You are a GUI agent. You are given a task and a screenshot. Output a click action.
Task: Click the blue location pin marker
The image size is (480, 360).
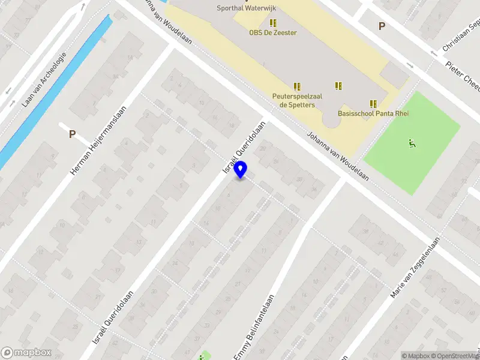(x=241, y=170)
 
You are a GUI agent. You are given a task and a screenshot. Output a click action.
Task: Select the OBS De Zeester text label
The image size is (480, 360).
(x=273, y=32)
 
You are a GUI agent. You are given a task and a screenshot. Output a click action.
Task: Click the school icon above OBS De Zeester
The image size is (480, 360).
(x=273, y=23)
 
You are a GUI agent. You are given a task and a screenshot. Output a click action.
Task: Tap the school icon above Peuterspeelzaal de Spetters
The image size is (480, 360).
(x=296, y=86)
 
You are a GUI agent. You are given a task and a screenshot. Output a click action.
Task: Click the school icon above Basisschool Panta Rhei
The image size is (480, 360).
(x=373, y=104)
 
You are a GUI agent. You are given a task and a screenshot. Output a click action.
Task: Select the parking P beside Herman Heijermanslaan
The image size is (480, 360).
(x=72, y=134)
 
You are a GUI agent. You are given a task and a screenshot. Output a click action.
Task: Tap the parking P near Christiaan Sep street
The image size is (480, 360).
(x=381, y=26)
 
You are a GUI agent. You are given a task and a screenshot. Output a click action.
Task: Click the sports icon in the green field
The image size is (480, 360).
(x=412, y=143)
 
